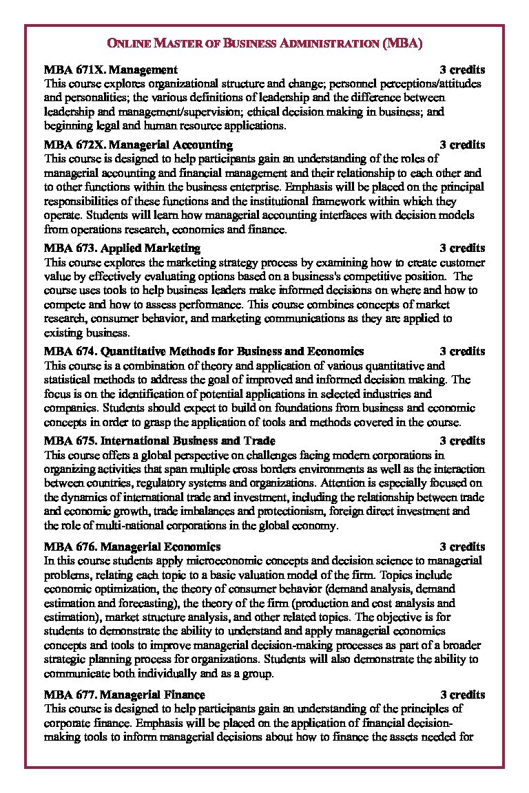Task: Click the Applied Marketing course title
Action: (x=150, y=248)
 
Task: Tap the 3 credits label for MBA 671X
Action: (x=462, y=70)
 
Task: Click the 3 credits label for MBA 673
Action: (x=462, y=248)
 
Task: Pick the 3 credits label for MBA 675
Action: (x=462, y=441)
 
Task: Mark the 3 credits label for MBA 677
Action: (x=462, y=695)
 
